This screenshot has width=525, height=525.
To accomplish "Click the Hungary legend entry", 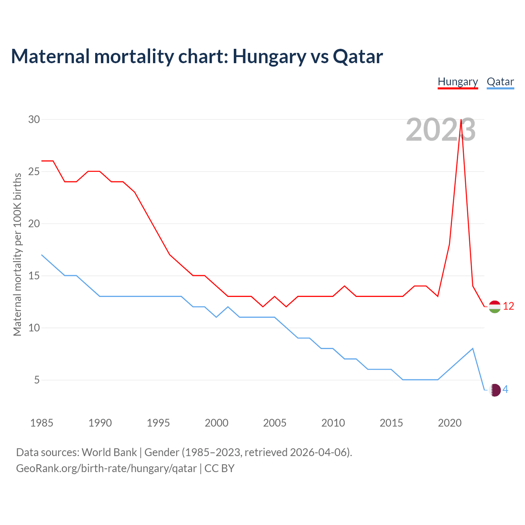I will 458,82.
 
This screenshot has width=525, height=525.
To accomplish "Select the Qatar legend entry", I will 500,82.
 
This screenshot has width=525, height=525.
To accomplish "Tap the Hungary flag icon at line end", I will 495,306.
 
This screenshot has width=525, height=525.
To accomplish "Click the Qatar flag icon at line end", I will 495,390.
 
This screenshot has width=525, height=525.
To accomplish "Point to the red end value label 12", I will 509,306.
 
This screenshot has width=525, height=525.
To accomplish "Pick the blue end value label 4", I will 505,390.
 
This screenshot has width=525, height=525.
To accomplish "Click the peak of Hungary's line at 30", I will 461,120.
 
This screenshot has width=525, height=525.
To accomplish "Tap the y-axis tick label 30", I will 34,120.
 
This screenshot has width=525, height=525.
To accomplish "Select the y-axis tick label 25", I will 34,172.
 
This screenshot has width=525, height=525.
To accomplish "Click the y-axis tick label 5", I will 37,380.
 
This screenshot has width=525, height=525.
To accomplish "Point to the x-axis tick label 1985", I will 41,423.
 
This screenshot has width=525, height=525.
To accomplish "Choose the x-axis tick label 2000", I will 217,423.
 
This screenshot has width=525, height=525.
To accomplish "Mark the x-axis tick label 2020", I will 450,423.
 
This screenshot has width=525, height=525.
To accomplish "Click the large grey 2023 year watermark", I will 441,130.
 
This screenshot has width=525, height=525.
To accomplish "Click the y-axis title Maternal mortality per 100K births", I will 17,254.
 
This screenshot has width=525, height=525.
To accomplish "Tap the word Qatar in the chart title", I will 358,57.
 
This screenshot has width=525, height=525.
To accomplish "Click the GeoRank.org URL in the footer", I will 106,468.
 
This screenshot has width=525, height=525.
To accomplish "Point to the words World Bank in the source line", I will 109,452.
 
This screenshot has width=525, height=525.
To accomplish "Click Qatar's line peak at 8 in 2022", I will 473,348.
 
